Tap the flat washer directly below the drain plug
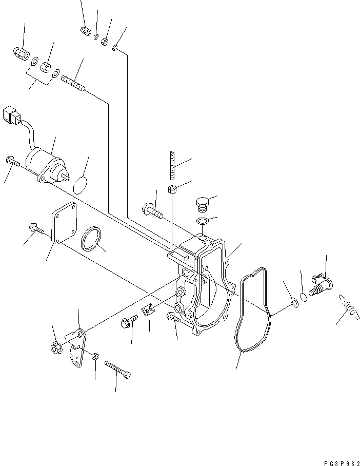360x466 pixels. [202, 221]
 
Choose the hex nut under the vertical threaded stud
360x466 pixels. [172, 189]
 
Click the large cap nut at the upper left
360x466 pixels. [20, 53]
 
